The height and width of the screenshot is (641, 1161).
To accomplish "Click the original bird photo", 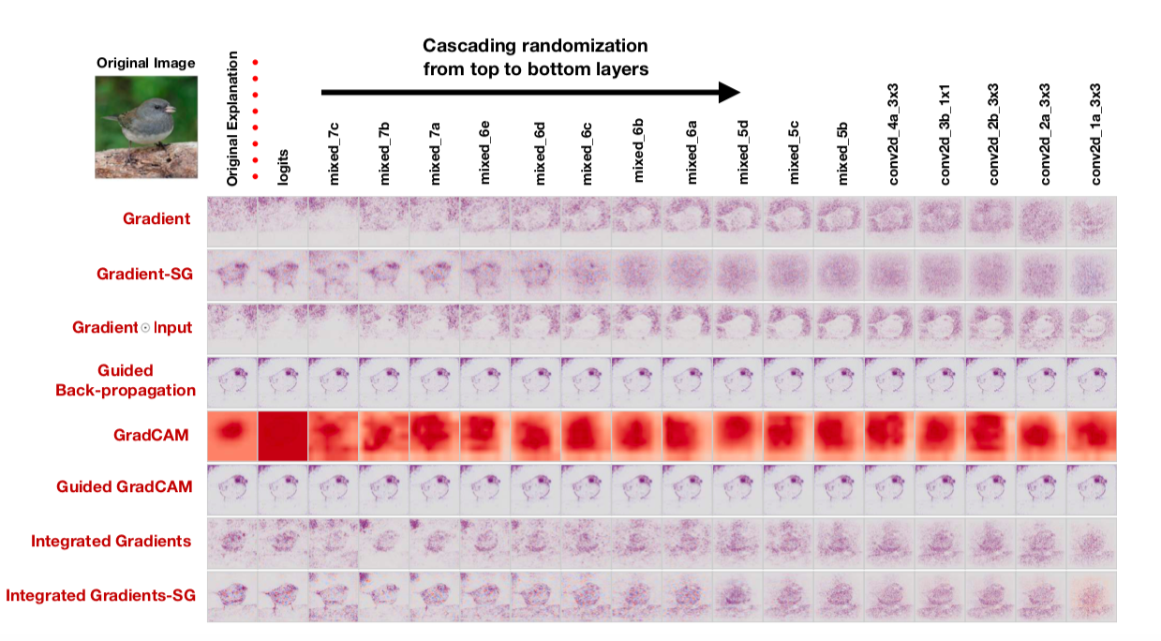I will (x=146, y=127).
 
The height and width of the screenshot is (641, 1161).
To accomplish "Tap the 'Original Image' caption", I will (x=146, y=63).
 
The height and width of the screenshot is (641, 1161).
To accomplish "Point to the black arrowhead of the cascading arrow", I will (x=728, y=92).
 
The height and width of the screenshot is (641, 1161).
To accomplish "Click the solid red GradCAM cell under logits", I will (x=283, y=435).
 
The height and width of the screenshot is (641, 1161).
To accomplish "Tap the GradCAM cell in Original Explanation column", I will (x=231, y=435).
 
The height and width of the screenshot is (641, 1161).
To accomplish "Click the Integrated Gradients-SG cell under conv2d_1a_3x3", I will (x=1092, y=596).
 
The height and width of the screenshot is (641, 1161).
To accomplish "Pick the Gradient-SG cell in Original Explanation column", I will (x=231, y=275).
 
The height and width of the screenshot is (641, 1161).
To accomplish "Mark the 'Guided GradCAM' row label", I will (x=126, y=486).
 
